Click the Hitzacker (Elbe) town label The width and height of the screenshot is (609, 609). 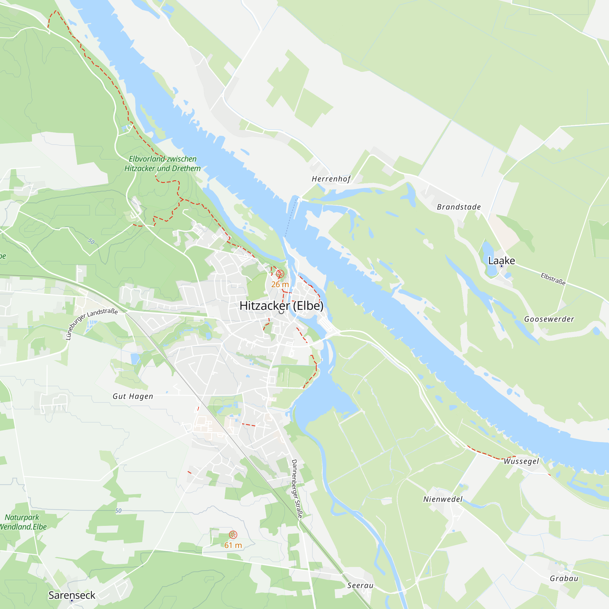281,306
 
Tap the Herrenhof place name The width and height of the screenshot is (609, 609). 331,179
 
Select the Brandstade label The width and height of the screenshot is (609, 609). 459,207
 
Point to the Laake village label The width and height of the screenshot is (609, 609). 501,260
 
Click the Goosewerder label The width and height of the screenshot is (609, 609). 549,319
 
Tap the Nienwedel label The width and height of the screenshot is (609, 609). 442,499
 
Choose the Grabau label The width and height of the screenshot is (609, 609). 564,579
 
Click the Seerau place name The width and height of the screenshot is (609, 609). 360,585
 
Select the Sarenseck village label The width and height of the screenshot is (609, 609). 72,595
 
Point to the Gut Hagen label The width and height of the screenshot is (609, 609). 133,396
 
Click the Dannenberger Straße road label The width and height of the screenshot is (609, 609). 297,489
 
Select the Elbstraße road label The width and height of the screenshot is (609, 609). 553,279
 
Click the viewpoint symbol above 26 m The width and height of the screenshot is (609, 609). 280,274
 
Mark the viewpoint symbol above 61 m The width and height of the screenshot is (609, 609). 233,535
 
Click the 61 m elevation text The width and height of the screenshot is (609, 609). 233,545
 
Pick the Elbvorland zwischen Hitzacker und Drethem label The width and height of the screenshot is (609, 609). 162,164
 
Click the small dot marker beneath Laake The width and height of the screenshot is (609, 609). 502,266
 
